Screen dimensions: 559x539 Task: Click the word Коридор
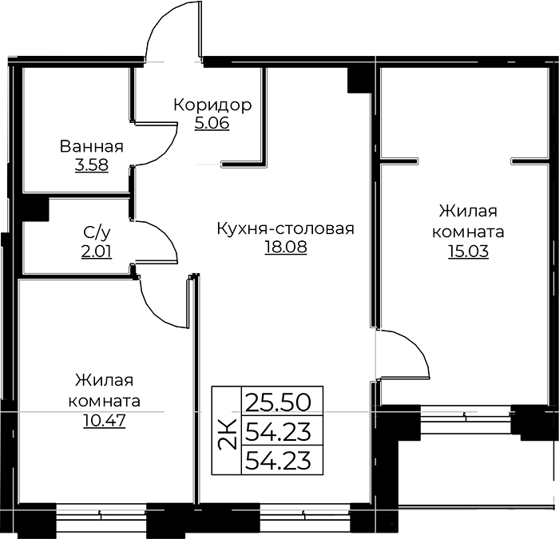pyautogui.click(x=212, y=105)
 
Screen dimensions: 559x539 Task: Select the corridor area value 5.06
pyautogui.click(x=212, y=123)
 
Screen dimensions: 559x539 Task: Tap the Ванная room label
pyautogui.click(x=92, y=146)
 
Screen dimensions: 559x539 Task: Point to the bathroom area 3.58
pyautogui.click(x=92, y=165)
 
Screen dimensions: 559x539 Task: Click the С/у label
pyautogui.click(x=97, y=233)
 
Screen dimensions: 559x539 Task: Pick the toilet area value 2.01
pyautogui.click(x=97, y=252)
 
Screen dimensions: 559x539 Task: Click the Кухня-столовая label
pyautogui.click(x=286, y=229)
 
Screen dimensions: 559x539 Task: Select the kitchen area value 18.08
pyautogui.click(x=286, y=247)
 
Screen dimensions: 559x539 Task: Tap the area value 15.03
pyautogui.click(x=468, y=252)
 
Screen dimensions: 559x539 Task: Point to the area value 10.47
pyautogui.click(x=105, y=421)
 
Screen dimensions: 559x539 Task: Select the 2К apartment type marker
pyautogui.click(x=227, y=434)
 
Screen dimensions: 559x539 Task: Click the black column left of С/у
pyautogui.click(x=35, y=209)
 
